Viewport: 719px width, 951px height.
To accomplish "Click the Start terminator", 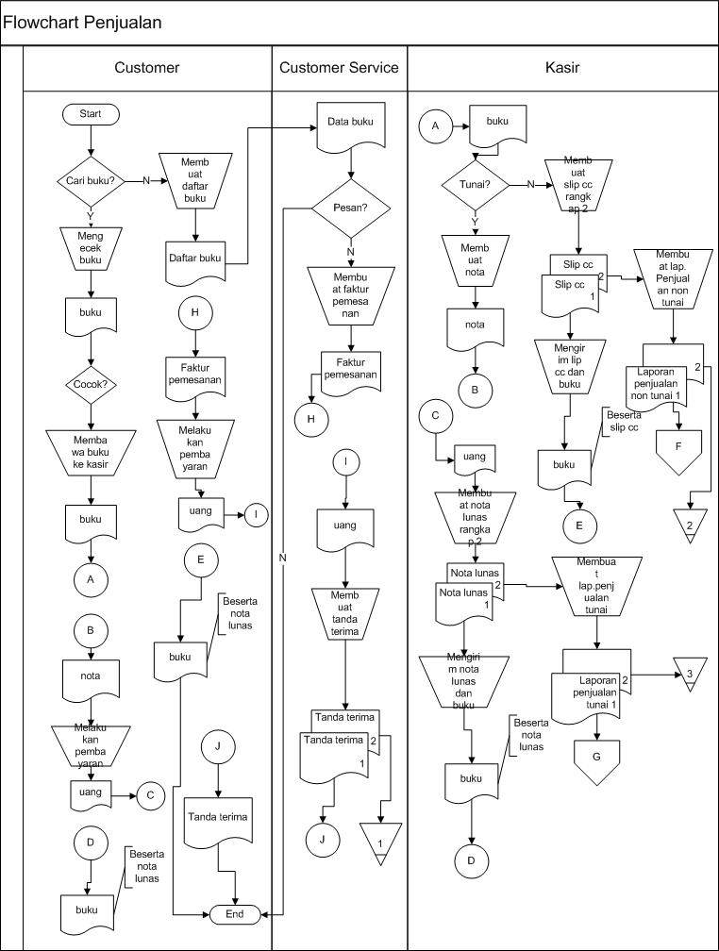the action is pos(91,114).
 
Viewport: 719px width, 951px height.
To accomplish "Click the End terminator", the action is pos(235,914).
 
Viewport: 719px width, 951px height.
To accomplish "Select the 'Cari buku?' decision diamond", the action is pos(91,181).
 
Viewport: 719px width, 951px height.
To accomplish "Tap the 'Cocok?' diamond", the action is pos(91,384).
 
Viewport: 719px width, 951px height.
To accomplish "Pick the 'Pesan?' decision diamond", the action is pos(351,208).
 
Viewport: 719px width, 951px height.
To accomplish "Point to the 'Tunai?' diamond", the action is pos(475,184).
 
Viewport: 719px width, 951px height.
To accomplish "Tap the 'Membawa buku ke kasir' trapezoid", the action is pos(91,453).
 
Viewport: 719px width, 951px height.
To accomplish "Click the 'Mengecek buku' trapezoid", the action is pos(91,248).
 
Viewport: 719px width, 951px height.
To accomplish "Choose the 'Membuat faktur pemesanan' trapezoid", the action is pos(351,295).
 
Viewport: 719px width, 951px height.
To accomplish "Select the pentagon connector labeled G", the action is pos(596,761).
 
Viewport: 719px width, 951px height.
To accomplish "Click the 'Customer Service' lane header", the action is pos(339,68).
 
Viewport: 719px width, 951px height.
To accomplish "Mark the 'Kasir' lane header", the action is pos(562,68).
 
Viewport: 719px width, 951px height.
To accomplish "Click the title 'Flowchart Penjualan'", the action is pos(82,23).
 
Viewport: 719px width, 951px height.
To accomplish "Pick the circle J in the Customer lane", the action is pos(218,746).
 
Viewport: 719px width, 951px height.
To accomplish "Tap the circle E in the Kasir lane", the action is pos(578,526).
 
